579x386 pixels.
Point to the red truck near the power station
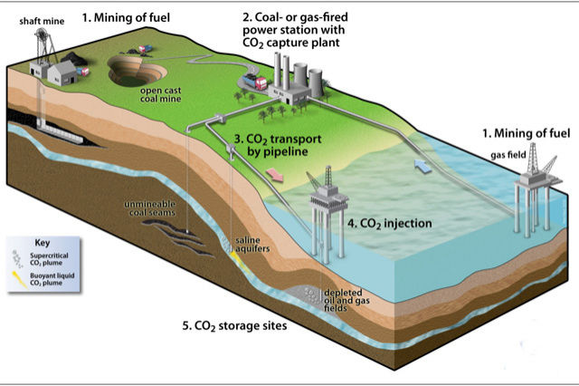[x=256, y=84]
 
